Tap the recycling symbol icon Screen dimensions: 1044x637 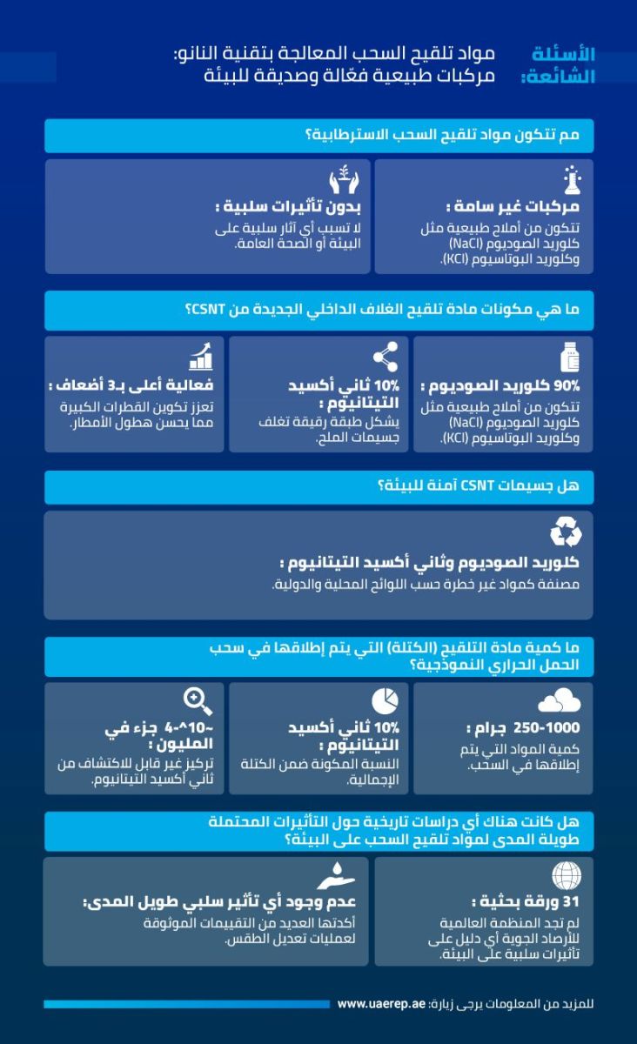click(x=566, y=532)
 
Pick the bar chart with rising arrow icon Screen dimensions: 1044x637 click(x=199, y=356)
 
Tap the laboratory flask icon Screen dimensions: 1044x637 click(x=572, y=179)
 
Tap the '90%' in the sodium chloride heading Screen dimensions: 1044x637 click(x=573, y=385)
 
